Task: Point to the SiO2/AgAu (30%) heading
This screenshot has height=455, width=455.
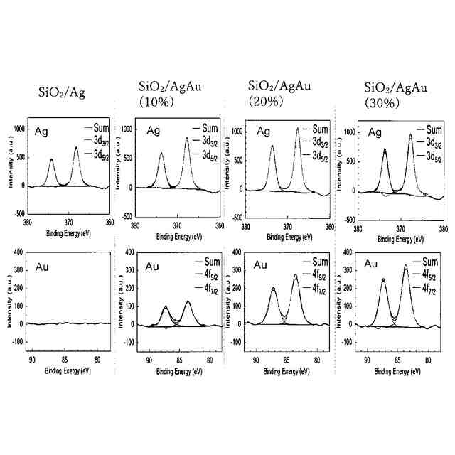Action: tap(396, 95)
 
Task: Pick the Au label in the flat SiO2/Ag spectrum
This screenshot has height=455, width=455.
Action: tap(43, 267)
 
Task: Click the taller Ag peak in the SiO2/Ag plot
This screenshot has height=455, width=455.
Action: tap(76, 149)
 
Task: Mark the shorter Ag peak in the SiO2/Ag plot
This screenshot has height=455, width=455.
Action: tap(51, 161)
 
